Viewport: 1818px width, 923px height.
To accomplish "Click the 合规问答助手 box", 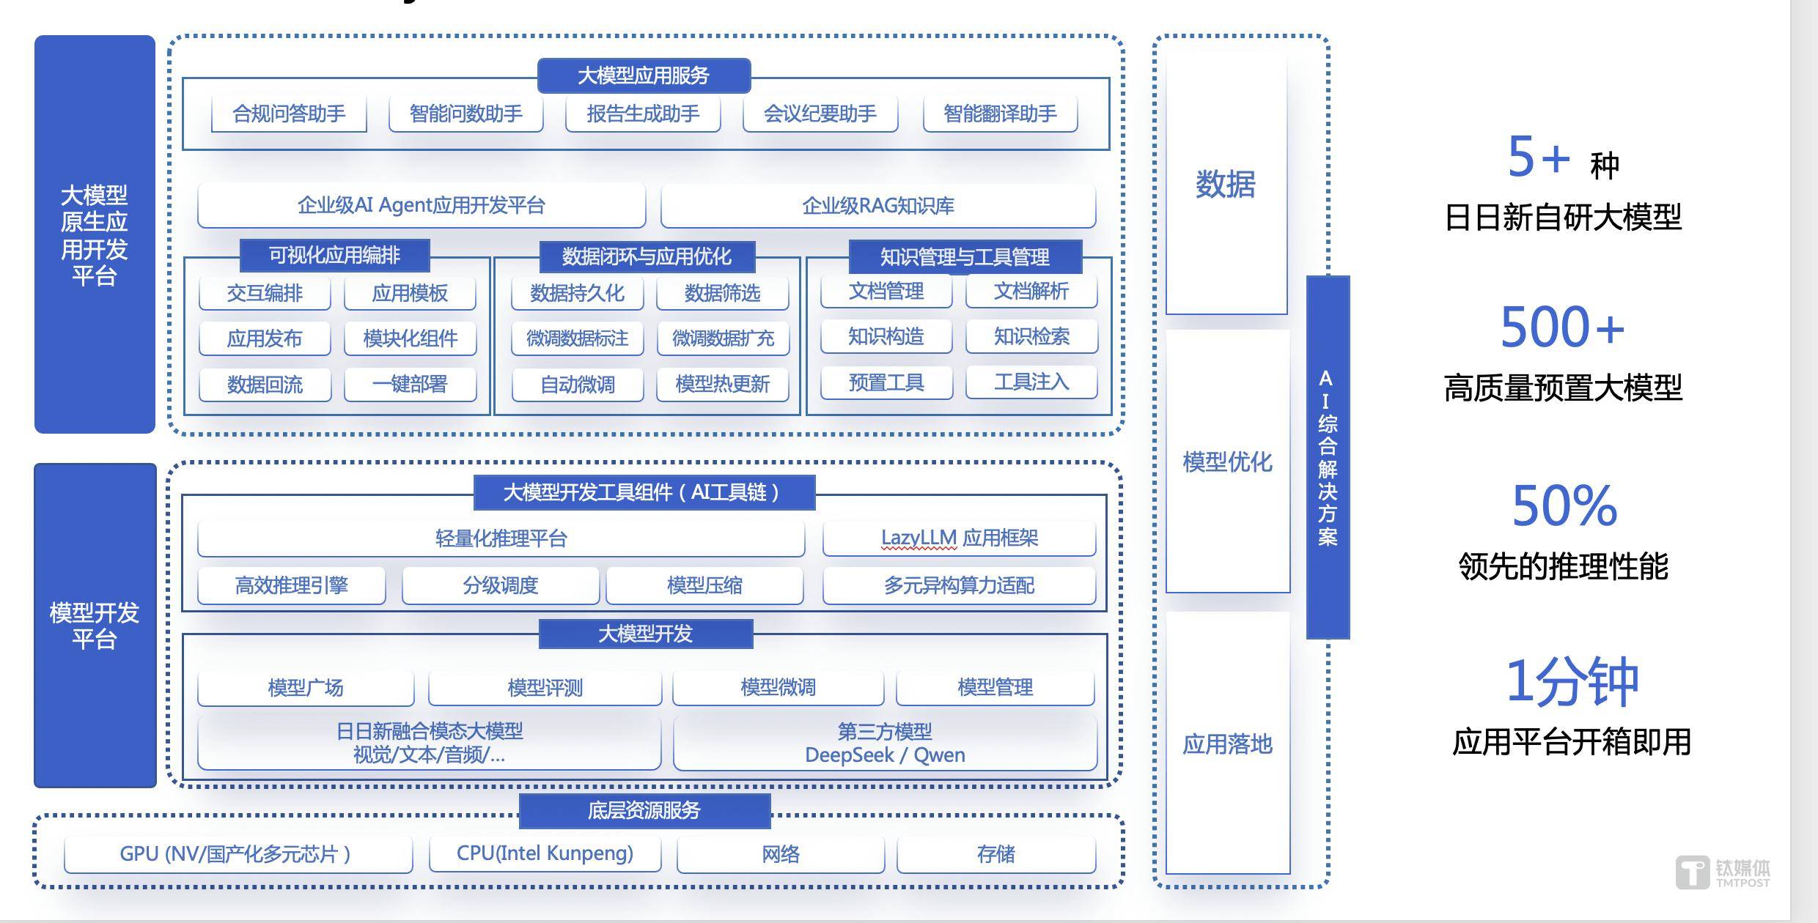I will click(289, 114).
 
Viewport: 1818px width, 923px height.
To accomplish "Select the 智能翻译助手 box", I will click(1000, 114).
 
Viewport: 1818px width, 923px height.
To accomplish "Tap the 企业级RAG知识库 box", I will click(878, 206).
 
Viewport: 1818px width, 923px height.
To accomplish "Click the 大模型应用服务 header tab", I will click(644, 75).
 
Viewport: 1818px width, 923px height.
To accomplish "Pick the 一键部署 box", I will click(410, 384).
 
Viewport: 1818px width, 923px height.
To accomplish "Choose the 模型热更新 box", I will click(722, 384).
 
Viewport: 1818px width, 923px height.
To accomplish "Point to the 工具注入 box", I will click(1031, 382).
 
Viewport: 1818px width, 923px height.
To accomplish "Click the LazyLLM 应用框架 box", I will click(959, 538).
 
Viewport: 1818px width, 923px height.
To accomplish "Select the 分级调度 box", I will click(501, 585).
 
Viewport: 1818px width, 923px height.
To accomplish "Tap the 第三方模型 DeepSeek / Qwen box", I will click(885, 743).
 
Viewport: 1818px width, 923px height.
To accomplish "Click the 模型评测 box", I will click(545, 687).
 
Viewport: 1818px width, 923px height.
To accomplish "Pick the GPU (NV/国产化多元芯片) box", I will click(238, 854).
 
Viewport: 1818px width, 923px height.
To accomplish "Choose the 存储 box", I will click(996, 854).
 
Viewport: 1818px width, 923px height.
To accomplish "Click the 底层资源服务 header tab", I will click(644, 810).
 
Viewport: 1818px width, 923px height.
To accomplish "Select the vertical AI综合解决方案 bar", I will click(1328, 457).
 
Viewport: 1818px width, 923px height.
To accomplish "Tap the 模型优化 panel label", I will click(1227, 462).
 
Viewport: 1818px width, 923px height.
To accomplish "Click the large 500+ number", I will click(1562, 327).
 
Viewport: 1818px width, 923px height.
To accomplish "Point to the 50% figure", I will click(1564, 505).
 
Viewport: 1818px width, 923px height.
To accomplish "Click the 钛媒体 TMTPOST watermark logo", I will click(1723, 872).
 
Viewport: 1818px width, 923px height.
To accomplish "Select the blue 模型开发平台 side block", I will click(95, 626).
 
